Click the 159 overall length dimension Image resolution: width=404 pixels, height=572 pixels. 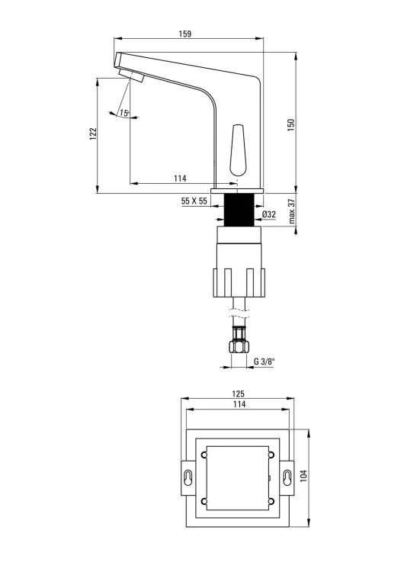(x=185, y=34)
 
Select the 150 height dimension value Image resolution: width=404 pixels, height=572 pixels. (x=290, y=125)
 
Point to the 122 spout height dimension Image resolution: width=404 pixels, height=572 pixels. (x=93, y=133)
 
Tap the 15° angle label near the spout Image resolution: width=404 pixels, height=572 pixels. (x=125, y=113)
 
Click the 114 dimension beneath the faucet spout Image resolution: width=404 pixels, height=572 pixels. (x=180, y=178)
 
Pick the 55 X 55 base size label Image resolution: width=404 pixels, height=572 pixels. (x=194, y=201)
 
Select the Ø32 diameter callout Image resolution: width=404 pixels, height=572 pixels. (x=269, y=214)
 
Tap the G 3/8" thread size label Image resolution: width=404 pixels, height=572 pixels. (x=265, y=361)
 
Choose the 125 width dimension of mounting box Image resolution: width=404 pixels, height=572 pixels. (x=237, y=394)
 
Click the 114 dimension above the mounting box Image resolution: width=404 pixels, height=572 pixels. (x=237, y=406)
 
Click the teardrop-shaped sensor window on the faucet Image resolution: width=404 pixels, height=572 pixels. (x=236, y=149)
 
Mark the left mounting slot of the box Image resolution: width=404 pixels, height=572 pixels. (x=187, y=477)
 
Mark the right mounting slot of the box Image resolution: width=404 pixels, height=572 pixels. (x=287, y=477)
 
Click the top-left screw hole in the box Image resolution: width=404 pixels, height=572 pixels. (x=204, y=456)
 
